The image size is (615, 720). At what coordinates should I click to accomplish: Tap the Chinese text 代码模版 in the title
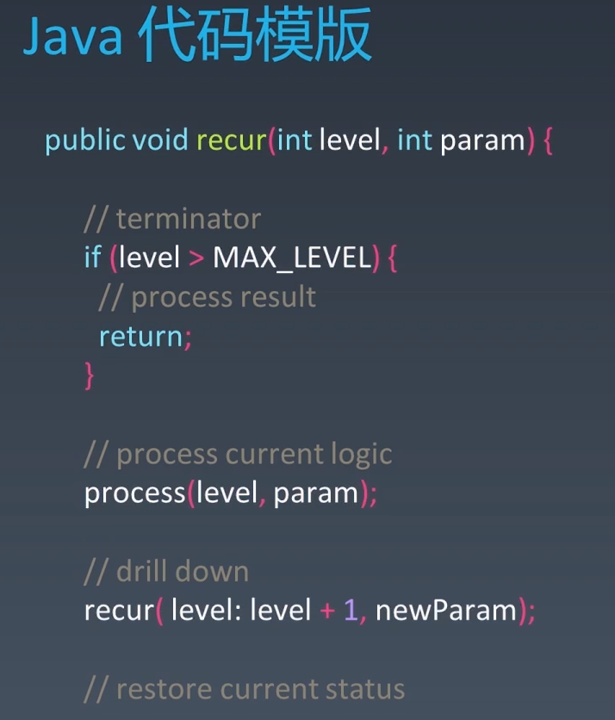254,36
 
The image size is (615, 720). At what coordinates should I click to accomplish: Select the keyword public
84,140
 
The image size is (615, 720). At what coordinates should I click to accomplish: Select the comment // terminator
172,219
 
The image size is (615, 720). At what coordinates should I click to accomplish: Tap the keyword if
92,258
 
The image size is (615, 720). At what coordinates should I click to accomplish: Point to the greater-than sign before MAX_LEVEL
196,258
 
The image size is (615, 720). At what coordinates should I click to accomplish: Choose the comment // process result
208,297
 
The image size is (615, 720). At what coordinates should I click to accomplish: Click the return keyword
141,336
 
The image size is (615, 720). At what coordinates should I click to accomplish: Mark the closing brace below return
89,376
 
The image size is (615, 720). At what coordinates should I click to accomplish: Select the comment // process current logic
238,454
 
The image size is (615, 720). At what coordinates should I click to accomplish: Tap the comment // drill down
166,571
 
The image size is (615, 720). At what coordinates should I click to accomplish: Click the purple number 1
351,611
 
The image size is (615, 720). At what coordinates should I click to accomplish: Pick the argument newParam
446,611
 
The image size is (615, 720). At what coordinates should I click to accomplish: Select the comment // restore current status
244,689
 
